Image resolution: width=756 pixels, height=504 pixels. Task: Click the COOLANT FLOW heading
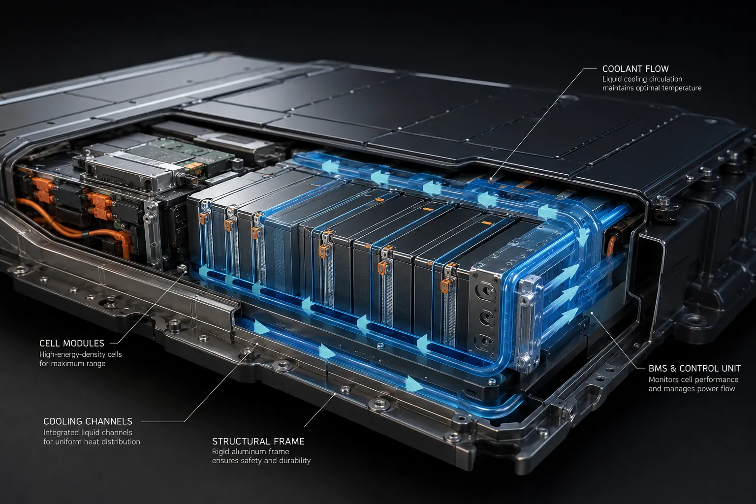pos(635,69)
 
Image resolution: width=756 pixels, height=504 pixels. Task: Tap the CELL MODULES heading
pos(72,344)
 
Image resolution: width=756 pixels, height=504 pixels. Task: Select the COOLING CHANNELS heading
pos(88,421)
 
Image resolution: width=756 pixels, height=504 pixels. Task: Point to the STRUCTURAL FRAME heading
pos(258,441)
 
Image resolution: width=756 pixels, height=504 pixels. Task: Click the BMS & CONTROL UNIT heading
pos(695,368)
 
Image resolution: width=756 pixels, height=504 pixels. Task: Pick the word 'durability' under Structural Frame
pos(294,461)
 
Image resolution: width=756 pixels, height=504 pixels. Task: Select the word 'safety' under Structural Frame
pos(251,461)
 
